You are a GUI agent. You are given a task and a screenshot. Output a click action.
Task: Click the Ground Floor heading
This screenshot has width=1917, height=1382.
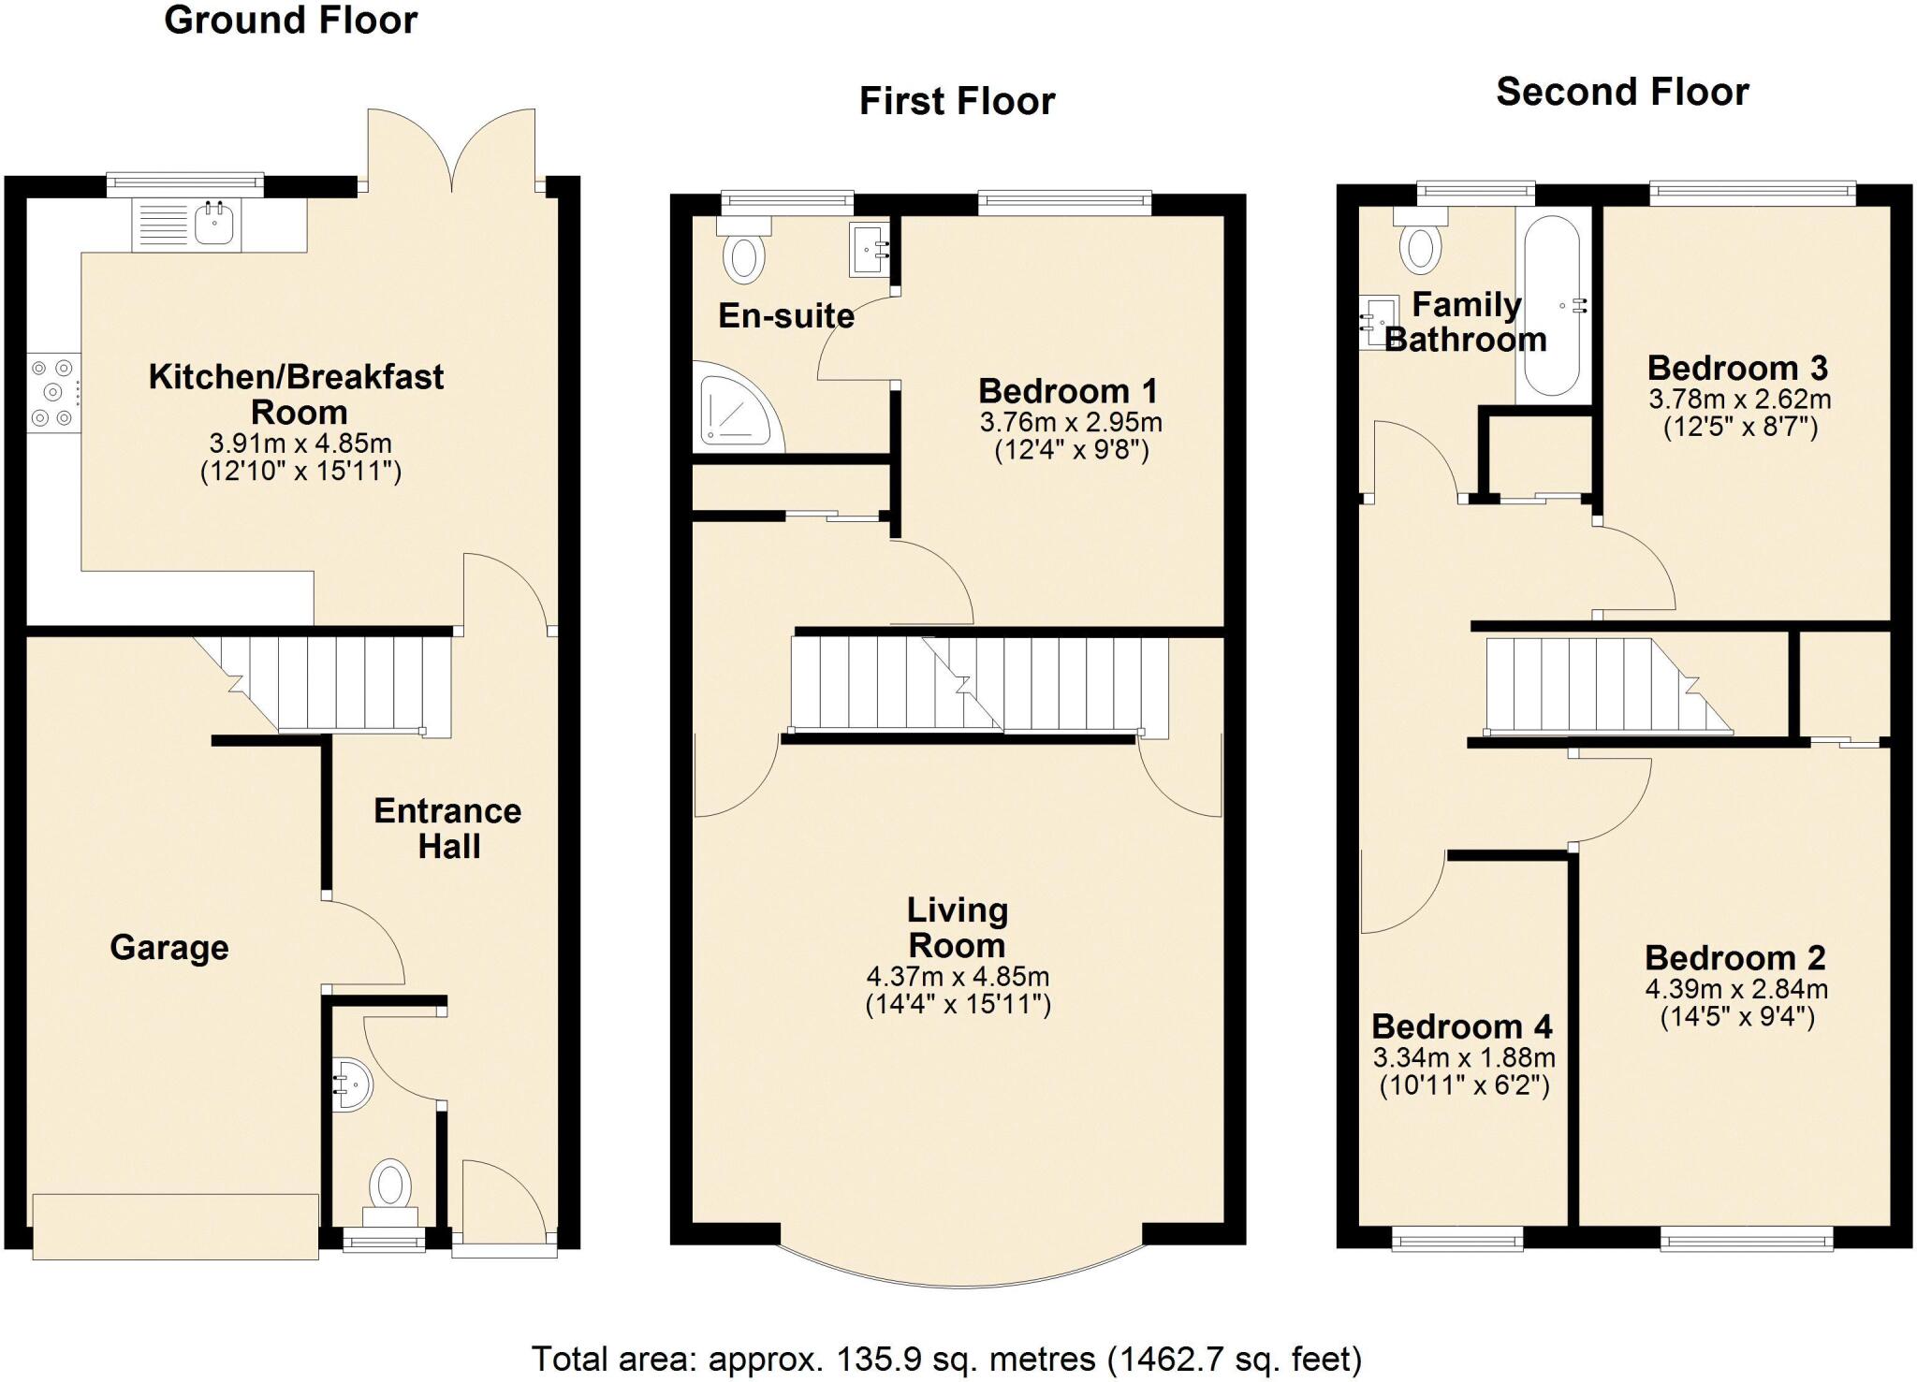click(290, 21)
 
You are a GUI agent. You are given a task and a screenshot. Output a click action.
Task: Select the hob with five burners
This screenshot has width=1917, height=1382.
click(53, 392)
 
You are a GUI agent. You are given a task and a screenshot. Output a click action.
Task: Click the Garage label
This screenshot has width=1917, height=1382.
click(169, 948)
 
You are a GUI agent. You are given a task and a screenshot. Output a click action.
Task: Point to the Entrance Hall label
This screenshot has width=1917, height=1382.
click(447, 828)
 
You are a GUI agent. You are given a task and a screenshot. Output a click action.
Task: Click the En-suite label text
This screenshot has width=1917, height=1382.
click(785, 316)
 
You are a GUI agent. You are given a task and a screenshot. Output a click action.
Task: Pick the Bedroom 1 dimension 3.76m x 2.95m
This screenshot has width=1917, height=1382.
click(1071, 422)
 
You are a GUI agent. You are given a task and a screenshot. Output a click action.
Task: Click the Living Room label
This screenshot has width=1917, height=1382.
click(957, 927)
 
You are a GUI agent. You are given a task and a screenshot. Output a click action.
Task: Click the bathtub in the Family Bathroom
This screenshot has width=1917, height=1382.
click(1552, 306)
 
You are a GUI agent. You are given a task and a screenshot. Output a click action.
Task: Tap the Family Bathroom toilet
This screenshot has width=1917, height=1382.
click(1420, 243)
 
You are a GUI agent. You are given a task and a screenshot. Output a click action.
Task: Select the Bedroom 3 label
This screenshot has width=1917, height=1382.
click(1737, 368)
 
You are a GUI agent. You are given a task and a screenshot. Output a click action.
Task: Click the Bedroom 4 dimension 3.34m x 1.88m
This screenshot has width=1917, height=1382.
click(1464, 1058)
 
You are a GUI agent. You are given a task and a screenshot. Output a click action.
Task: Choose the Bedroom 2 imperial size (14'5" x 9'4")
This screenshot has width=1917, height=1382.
click(1737, 1017)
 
